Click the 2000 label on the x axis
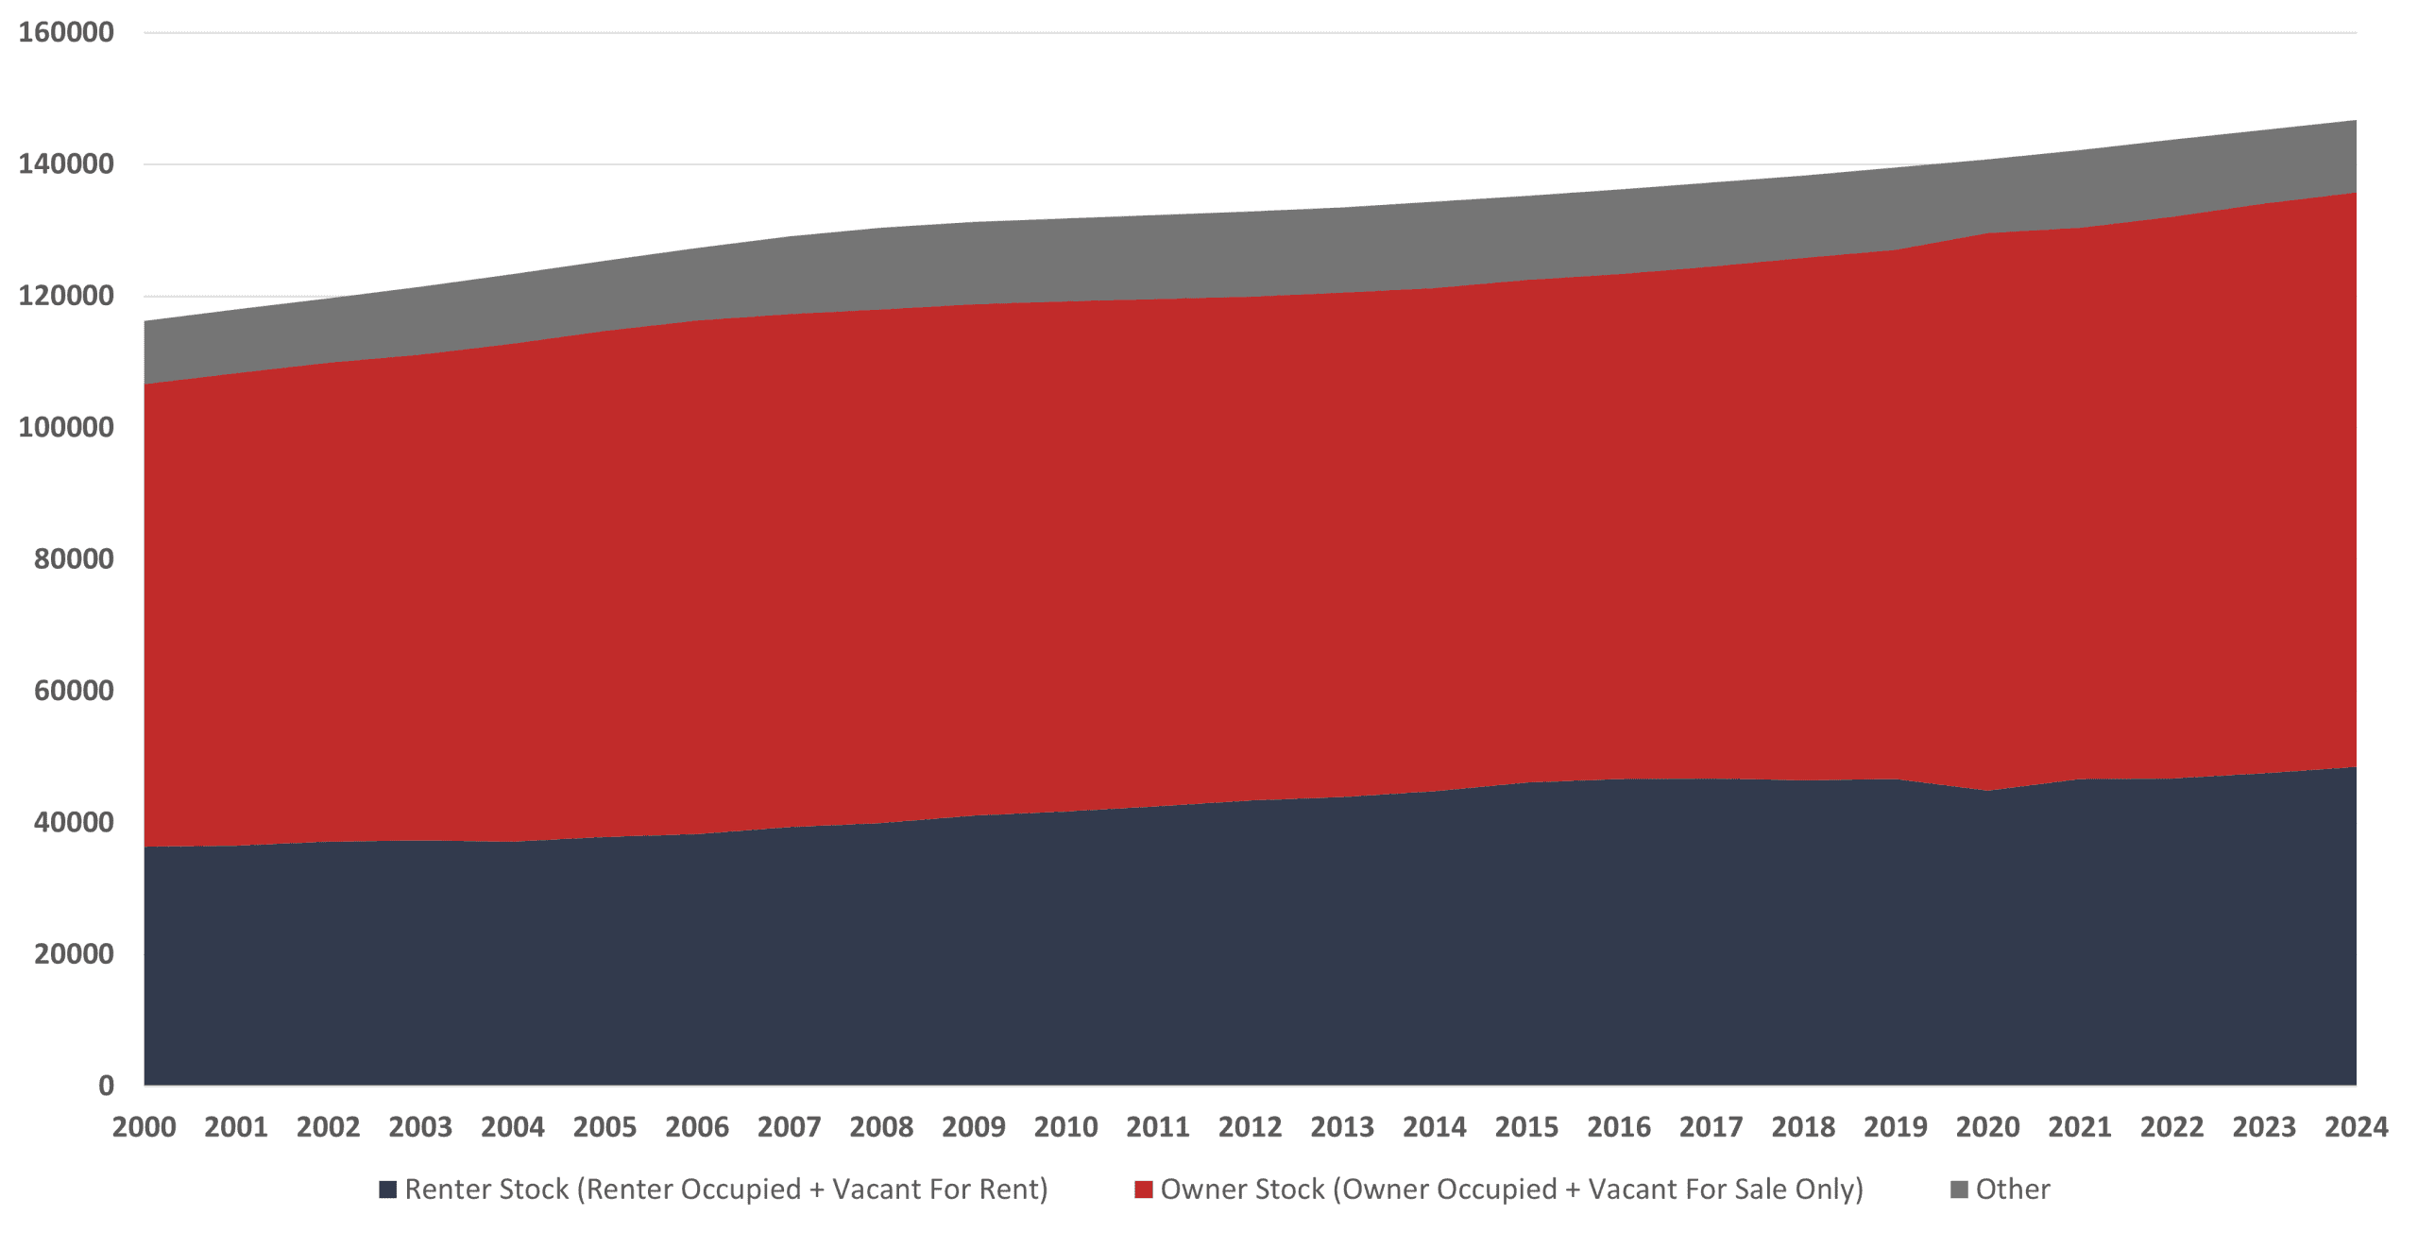point(144,1127)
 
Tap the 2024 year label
point(2356,1127)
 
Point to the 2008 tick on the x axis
point(881,1127)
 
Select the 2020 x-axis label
point(1987,1127)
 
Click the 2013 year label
point(1342,1127)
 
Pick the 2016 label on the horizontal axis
point(1619,1127)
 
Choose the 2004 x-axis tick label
point(513,1127)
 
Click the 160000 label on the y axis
point(66,33)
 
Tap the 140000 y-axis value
point(66,164)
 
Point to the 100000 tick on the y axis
point(66,427)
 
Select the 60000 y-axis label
point(74,691)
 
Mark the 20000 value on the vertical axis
point(74,954)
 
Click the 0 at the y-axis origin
point(106,1086)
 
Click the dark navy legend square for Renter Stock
point(387,1190)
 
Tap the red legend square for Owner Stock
point(1143,1190)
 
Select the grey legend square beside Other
point(1959,1190)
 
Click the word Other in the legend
point(2013,1190)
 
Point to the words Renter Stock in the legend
point(486,1190)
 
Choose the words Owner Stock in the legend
point(1242,1190)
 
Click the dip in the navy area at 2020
point(1987,792)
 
